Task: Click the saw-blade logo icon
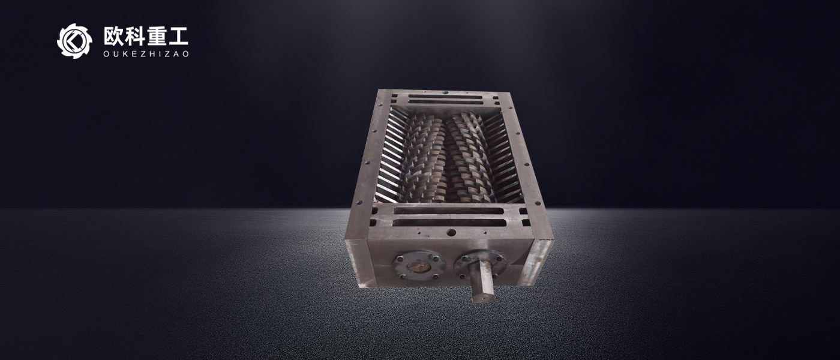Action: [74, 41]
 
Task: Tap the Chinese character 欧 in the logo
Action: [113, 36]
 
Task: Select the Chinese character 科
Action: [134, 36]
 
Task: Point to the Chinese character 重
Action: [157, 36]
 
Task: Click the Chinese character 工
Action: [178, 37]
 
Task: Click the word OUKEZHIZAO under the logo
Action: [146, 54]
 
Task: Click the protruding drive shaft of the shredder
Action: [481, 281]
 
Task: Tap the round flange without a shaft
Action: [419, 266]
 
